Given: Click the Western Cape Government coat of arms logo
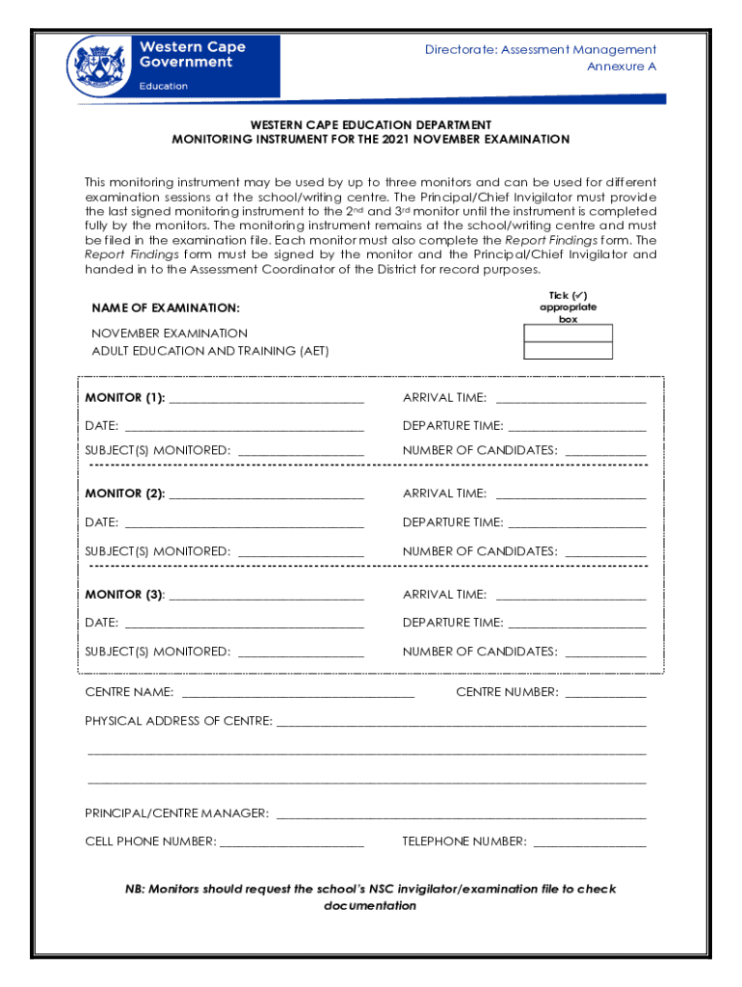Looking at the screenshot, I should click(x=96, y=66).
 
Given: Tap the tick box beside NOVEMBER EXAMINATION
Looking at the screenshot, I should click(x=568, y=333).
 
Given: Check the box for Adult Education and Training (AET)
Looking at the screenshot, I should click(x=568, y=351).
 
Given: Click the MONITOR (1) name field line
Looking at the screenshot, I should click(x=266, y=399).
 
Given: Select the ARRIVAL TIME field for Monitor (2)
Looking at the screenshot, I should click(x=570, y=494).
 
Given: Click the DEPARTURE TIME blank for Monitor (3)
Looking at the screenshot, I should click(x=576, y=624).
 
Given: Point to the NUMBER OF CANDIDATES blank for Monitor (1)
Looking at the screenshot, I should click(x=605, y=451).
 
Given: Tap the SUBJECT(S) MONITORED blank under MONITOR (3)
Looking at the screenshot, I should click(x=301, y=653).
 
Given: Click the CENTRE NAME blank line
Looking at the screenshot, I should click(x=298, y=693).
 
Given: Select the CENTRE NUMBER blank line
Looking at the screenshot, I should click(x=605, y=693).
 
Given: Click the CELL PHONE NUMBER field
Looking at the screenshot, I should click(x=292, y=842).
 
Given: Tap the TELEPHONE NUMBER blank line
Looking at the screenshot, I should click(x=589, y=842).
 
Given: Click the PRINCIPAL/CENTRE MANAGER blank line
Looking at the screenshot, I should click(x=461, y=814).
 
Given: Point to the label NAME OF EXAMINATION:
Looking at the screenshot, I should click(x=166, y=307).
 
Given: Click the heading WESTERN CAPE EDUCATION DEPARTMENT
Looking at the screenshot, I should click(x=371, y=125).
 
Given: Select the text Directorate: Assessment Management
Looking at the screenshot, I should click(x=541, y=49).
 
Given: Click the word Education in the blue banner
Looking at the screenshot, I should click(x=164, y=86).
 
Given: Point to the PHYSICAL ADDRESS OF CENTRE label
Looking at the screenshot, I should click(x=178, y=721).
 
